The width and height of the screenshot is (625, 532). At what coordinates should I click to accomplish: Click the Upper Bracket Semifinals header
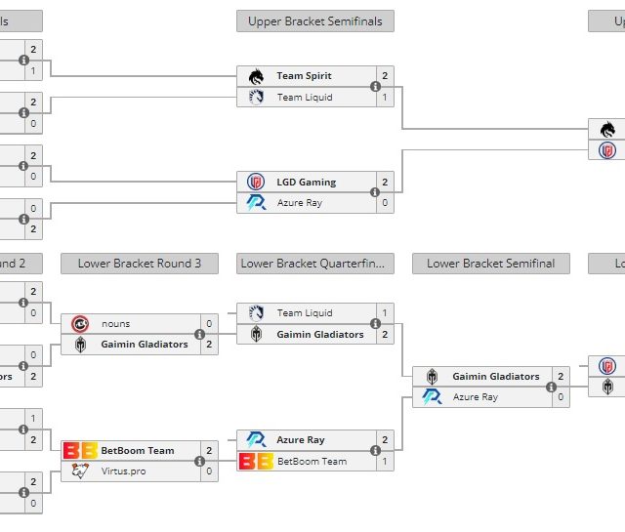315,20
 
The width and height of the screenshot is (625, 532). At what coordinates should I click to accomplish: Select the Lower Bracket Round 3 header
140,263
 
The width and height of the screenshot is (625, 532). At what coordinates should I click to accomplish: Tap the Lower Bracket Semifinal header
491,263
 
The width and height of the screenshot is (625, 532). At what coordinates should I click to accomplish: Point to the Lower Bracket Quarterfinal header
315,263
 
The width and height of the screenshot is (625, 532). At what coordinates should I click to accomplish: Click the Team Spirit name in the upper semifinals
304,75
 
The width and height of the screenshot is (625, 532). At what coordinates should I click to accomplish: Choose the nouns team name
115,323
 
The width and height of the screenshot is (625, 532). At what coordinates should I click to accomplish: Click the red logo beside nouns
80,323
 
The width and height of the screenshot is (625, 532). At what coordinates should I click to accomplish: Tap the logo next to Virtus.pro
80,471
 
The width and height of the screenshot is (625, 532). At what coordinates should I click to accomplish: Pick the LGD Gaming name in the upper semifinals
307,182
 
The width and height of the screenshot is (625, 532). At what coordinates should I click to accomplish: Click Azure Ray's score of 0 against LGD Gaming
385,203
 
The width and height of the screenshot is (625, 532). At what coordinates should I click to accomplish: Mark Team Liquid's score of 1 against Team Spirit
385,97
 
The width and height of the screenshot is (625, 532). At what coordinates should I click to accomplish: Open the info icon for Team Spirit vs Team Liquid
375,86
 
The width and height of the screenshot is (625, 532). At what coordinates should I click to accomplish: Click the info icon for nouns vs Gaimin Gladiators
199,334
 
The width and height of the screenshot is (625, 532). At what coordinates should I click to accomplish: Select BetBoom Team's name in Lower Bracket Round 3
137,450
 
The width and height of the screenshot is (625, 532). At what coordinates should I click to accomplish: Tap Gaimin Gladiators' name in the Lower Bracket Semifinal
496,376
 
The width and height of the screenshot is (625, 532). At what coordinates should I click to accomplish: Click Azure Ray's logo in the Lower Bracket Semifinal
432,397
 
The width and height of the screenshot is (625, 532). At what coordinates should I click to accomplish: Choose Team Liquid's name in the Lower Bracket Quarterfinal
305,312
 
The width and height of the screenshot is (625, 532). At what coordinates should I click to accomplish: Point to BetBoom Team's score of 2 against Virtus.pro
209,450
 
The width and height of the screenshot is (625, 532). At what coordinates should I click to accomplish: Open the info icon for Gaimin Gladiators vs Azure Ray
551,387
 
